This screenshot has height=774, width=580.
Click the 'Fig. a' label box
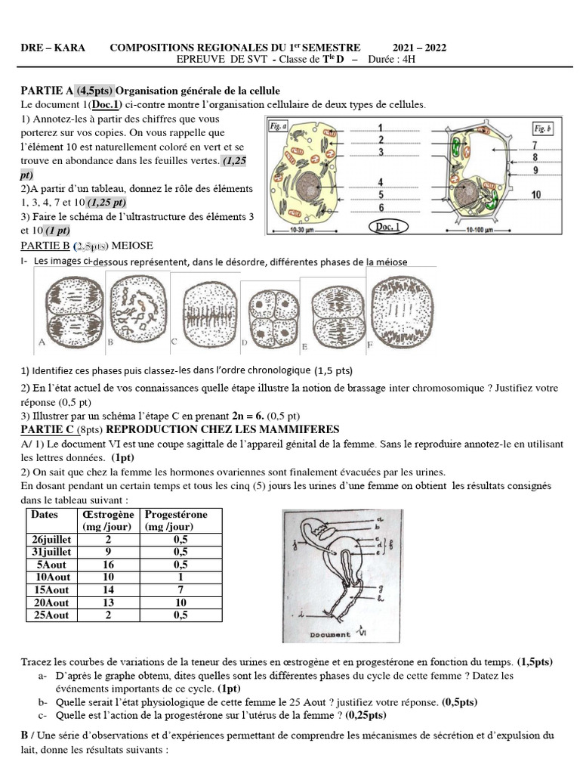(278, 127)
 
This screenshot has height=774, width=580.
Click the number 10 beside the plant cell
(535, 195)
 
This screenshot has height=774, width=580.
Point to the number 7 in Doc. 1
(535, 145)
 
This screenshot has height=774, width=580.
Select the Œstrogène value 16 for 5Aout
(109, 565)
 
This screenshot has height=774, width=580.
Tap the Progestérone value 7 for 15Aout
(180, 590)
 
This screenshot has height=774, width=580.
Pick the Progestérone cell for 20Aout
(180, 602)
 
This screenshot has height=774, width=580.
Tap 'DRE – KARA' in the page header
(52, 48)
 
